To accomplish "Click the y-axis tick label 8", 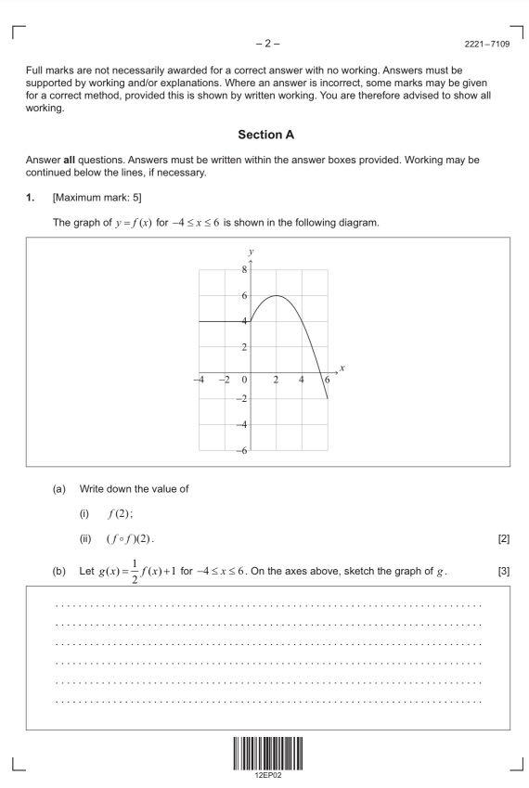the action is (x=244, y=270).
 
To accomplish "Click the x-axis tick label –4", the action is (x=199, y=380).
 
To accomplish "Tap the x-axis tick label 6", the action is (x=326, y=380).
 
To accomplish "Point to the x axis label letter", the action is (x=342, y=368).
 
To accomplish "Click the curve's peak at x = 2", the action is (x=277, y=295).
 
